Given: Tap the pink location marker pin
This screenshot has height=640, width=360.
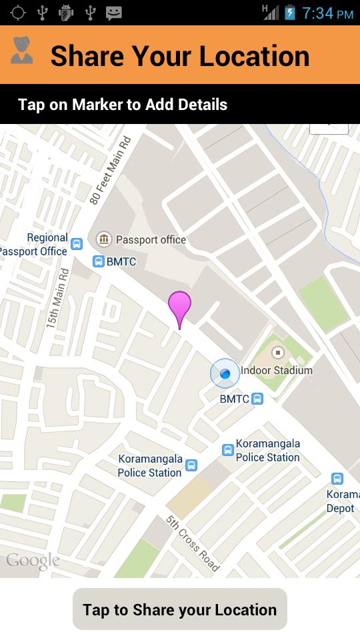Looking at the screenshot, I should point(179,307).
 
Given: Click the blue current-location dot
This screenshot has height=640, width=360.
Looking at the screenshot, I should point(225,373).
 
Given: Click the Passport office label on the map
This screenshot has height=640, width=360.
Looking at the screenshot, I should point(151,240).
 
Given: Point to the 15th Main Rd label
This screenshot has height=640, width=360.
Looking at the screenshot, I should point(57,297).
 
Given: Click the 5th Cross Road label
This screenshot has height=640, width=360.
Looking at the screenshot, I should point(192,543).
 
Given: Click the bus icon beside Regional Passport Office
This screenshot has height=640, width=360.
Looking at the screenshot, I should point(77,244).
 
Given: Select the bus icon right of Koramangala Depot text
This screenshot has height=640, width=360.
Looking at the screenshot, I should point(337,479).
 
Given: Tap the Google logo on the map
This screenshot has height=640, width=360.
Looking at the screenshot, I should point(33,561).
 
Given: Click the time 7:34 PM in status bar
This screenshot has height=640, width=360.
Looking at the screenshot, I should point(327,13).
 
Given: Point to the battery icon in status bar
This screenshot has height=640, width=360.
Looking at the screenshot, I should point(290,13).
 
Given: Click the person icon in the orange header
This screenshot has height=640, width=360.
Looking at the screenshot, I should point(22,51).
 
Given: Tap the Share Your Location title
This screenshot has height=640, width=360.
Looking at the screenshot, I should point(180,56).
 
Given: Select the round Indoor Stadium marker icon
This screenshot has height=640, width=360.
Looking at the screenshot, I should point(278,352).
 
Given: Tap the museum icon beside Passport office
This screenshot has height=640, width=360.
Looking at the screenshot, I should point(104,239).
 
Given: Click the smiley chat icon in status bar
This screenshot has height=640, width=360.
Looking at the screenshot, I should point(114,13).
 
